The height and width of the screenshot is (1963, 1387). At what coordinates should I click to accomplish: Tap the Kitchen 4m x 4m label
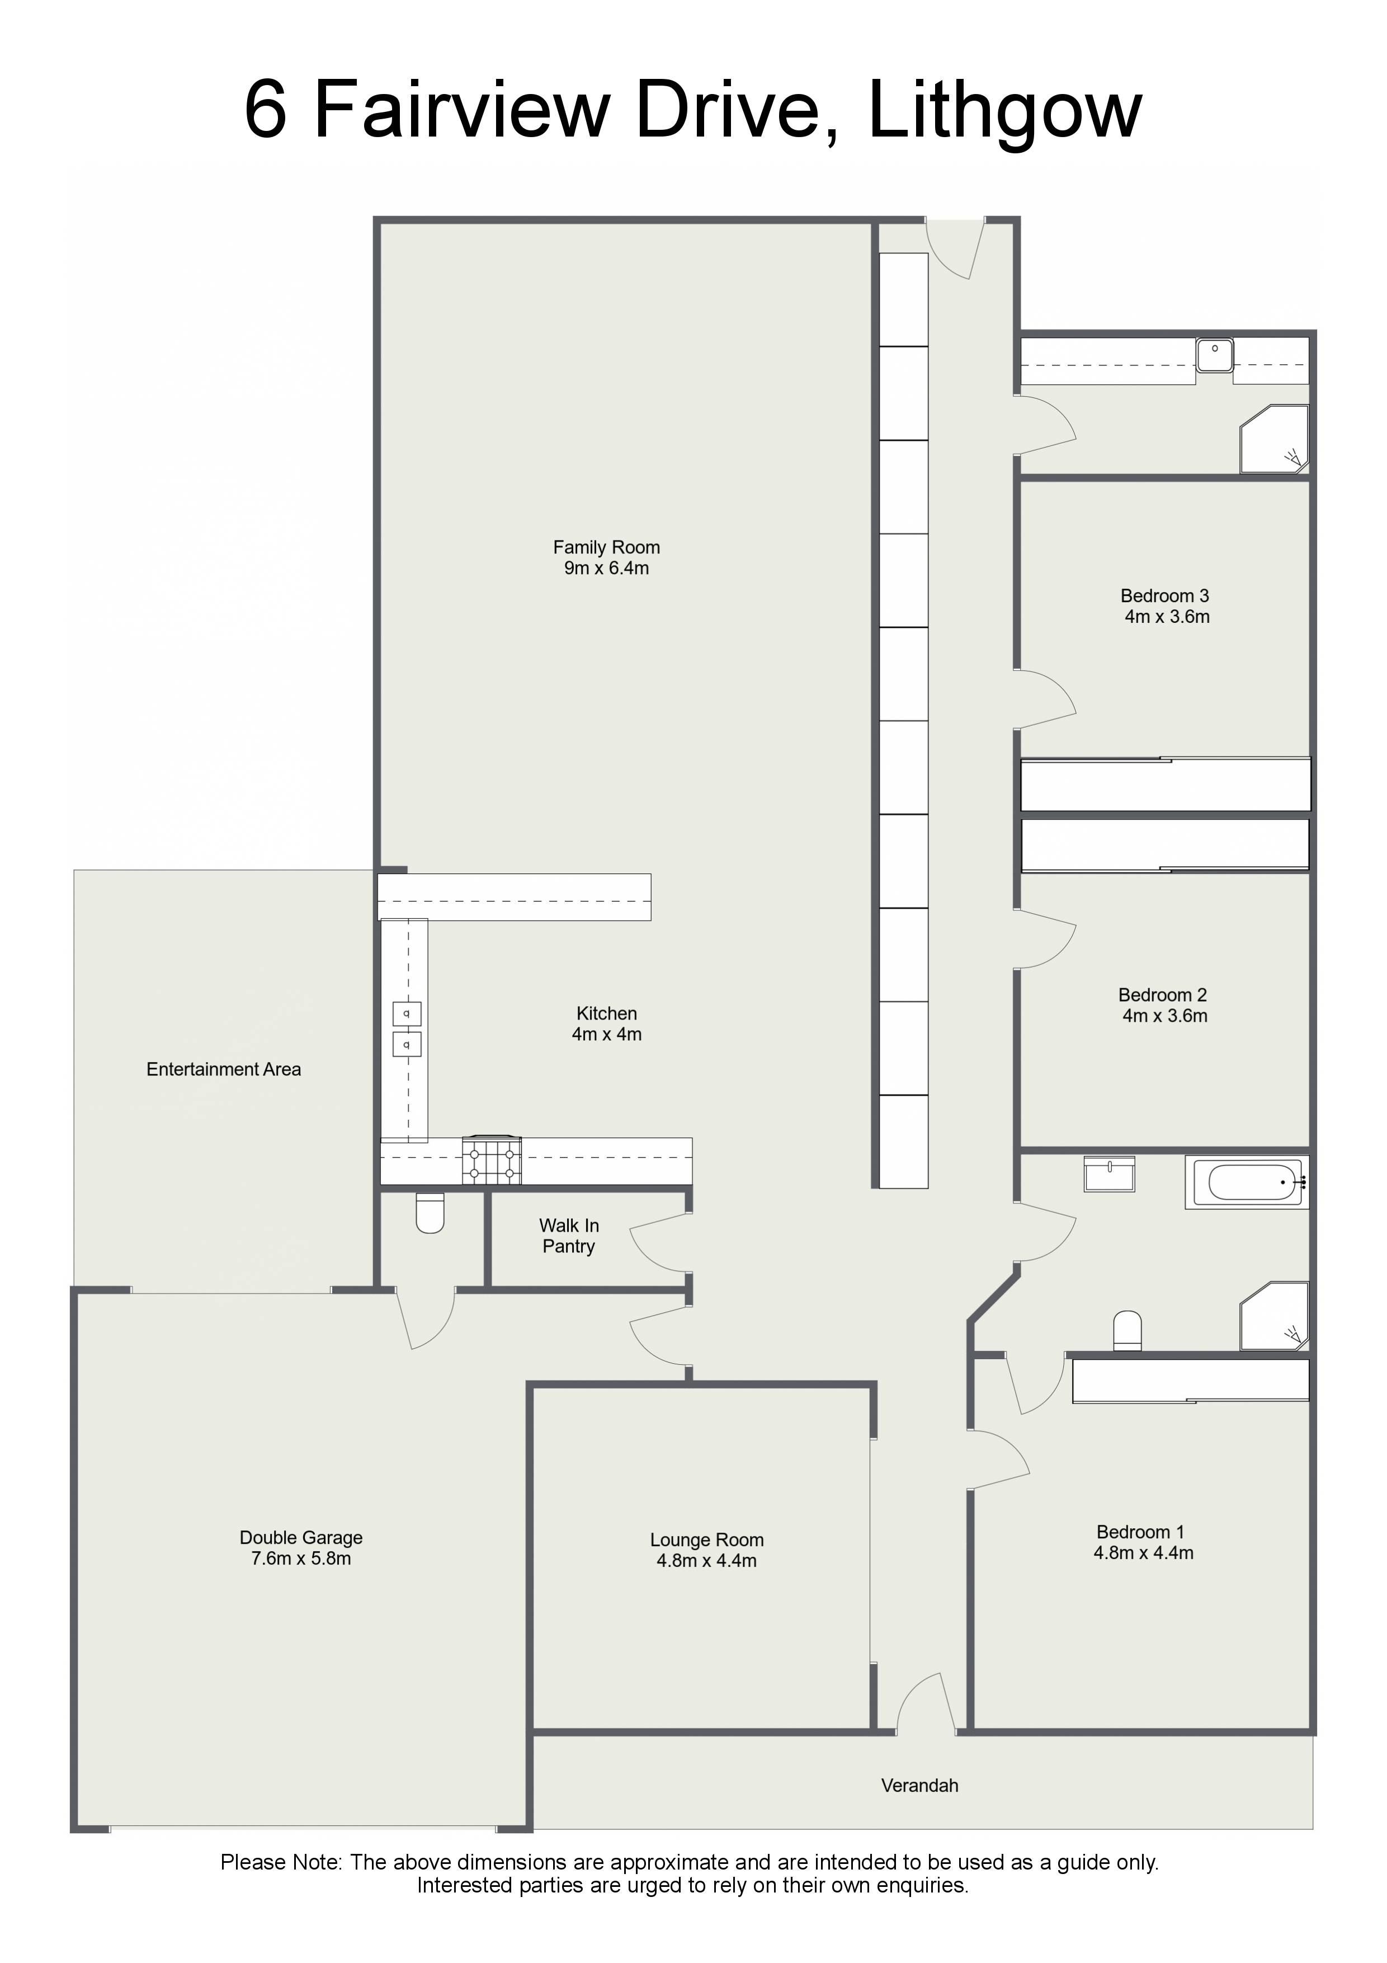pyautogui.click(x=607, y=1023)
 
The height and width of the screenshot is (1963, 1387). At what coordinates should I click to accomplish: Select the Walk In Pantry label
pyautogui.click(x=569, y=1236)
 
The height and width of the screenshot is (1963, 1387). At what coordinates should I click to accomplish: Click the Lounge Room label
pyautogui.click(x=707, y=1550)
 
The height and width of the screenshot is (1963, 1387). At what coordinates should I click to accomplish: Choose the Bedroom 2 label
pyautogui.click(x=1164, y=1006)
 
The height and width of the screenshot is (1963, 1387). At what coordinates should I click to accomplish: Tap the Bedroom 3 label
pyautogui.click(x=1166, y=606)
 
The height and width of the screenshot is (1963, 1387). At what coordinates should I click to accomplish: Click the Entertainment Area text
pyautogui.click(x=224, y=1069)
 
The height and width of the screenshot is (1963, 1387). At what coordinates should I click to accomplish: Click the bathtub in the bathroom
pyautogui.click(x=1247, y=1182)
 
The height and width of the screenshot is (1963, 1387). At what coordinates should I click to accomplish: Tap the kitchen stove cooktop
pyautogui.click(x=492, y=1160)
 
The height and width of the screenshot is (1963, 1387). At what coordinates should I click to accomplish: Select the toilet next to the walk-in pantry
pyautogui.click(x=430, y=1213)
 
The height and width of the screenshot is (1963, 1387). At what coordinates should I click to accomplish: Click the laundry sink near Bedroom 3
pyautogui.click(x=1214, y=355)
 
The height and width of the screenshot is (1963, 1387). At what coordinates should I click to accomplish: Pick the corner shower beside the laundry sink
pyautogui.click(x=1274, y=439)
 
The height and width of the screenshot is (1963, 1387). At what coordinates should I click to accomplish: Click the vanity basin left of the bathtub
pyautogui.click(x=1109, y=1174)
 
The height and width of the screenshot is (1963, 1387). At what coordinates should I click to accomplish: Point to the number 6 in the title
pyautogui.click(x=265, y=110)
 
